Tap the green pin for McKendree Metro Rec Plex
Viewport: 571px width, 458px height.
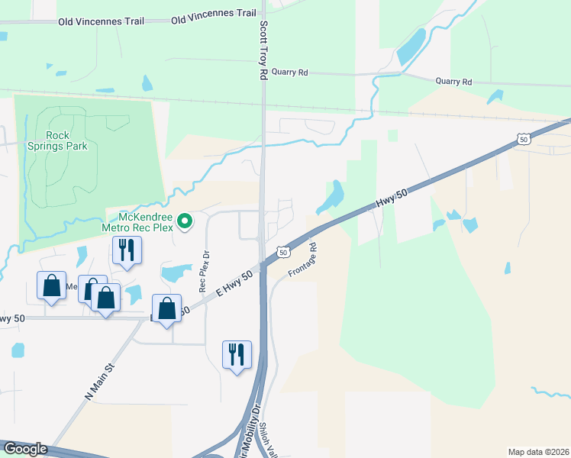coord(185,222)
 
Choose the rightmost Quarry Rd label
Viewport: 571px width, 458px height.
coord(453,82)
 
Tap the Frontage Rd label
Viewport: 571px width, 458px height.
coord(302,260)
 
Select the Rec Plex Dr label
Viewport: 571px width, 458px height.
coord(203,271)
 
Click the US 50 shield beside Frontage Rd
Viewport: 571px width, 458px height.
coord(282,251)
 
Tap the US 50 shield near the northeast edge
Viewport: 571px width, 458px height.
coord(523,138)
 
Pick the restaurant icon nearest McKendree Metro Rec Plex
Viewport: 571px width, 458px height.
coord(126,250)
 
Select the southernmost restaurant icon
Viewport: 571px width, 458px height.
coord(236,354)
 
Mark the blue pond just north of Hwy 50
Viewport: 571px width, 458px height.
coord(330,197)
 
